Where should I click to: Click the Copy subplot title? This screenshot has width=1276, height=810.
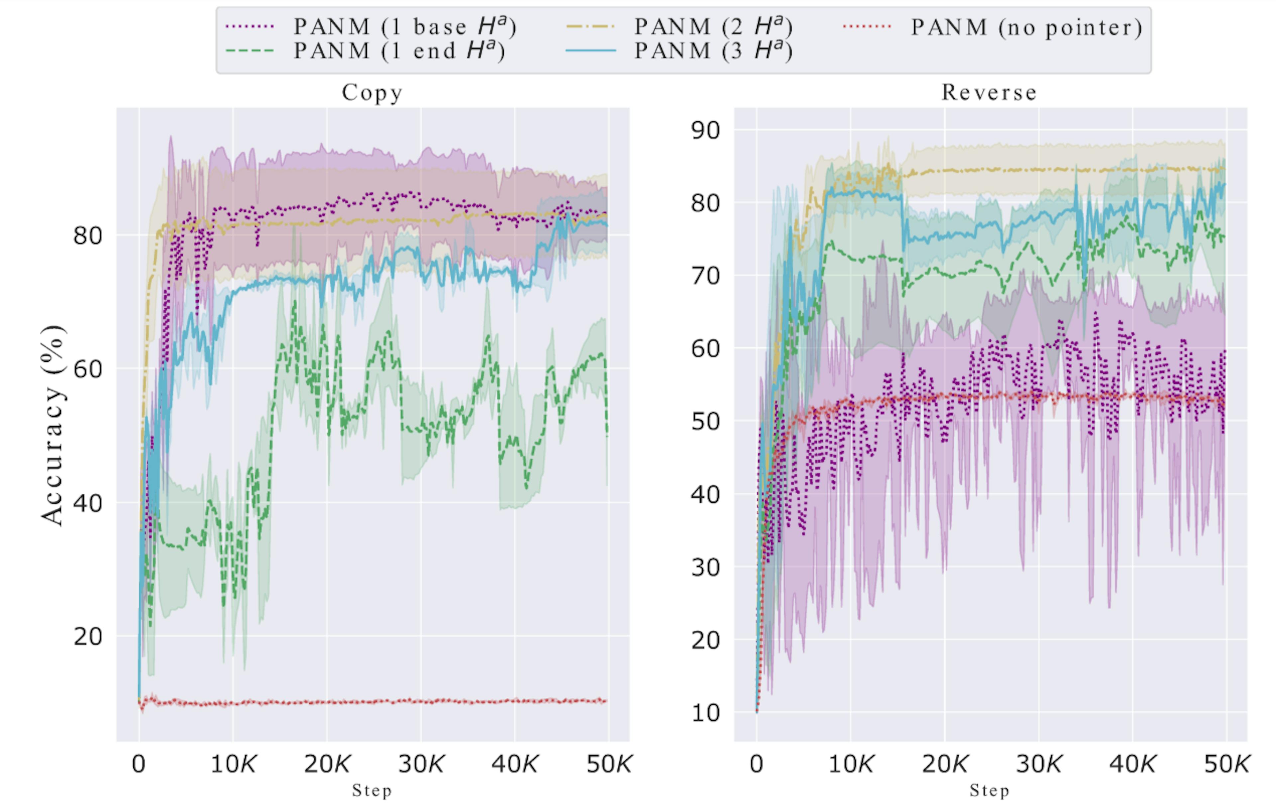tap(372, 93)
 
